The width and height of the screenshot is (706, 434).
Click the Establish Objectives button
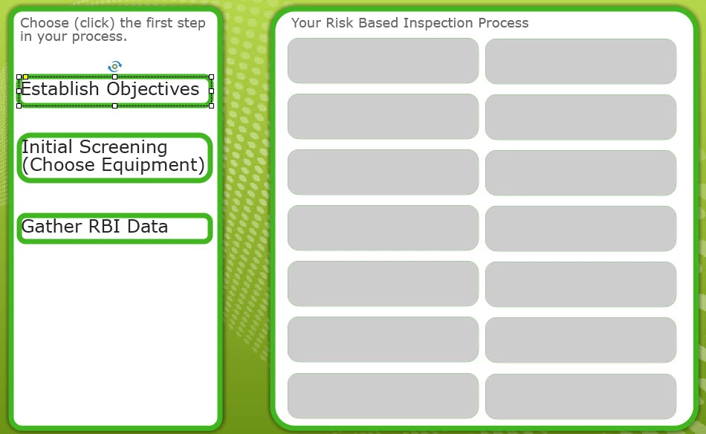pyautogui.click(x=114, y=91)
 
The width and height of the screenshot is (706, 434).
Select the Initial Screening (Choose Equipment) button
pyautogui.click(x=114, y=158)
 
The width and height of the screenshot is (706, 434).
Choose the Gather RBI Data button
pyautogui.click(x=114, y=228)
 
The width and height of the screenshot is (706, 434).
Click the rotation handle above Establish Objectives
pyautogui.click(x=114, y=67)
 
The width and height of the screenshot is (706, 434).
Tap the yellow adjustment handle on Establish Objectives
pyautogui.click(x=26, y=77)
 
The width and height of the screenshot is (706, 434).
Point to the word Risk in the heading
pyautogui.click(x=339, y=22)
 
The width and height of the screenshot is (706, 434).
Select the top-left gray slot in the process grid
pyautogui.click(x=383, y=61)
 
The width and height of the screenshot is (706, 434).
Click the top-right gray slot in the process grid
pyautogui.click(x=581, y=61)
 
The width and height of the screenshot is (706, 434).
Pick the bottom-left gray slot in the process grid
pyautogui.click(x=383, y=396)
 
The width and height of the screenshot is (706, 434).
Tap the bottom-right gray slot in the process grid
pyautogui.click(x=581, y=397)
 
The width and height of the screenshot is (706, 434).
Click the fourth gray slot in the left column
pyautogui.click(x=383, y=228)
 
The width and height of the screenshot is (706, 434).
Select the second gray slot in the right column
pyautogui.click(x=581, y=117)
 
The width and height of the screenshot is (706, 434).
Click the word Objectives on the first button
pyautogui.click(x=152, y=90)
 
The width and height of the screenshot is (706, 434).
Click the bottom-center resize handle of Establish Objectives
pyautogui.click(x=114, y=106)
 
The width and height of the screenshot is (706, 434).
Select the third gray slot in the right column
pyautogui.click(x=581, y=173)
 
